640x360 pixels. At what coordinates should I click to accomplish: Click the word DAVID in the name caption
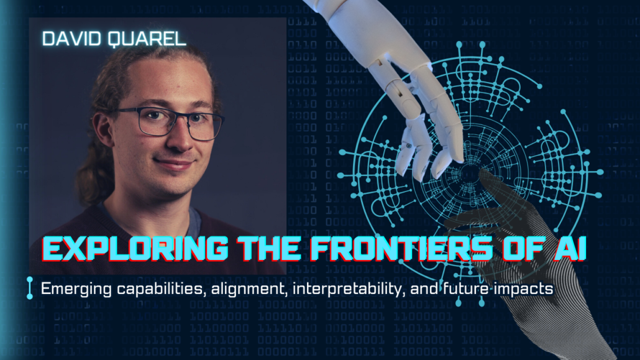click(x=71, y=39)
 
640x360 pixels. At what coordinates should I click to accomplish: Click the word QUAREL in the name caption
click(x=147, y=39)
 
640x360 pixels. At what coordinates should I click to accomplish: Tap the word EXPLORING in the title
click(x=135, y=249)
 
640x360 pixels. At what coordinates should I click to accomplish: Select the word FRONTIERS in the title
click(x=401, y=249)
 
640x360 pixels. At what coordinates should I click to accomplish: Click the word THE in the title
click(x=269, y=249)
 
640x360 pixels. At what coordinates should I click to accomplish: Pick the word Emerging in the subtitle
click(x=76, y=289)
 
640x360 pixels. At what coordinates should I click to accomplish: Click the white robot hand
click(x=404, y=81)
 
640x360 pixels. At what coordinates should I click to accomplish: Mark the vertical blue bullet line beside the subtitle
click(x=30, y=288)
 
